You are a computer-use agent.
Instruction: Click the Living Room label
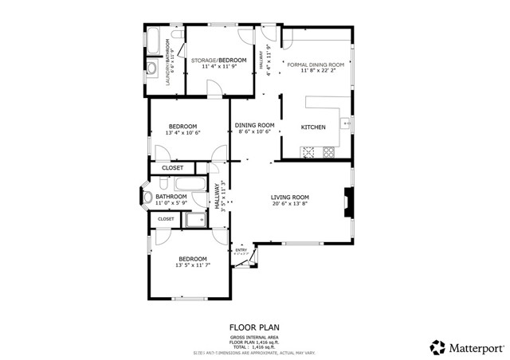point(289,197)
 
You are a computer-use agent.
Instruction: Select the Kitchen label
point(313,127)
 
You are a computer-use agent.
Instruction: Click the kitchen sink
point(346,123)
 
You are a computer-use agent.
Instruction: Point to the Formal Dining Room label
point(316,65)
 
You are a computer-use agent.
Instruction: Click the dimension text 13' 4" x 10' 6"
point(182,133)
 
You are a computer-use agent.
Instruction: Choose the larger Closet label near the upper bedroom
point(173,168)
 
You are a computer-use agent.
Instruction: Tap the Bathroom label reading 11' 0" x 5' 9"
point(171,204)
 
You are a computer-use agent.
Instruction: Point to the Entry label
point(241,250)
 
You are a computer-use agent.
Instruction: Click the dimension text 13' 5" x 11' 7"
point(193,266)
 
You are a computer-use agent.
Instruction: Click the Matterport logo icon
point(437,347)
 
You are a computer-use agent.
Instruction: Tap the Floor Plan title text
point(254,327)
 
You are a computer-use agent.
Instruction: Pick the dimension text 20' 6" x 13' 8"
point(289,204)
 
